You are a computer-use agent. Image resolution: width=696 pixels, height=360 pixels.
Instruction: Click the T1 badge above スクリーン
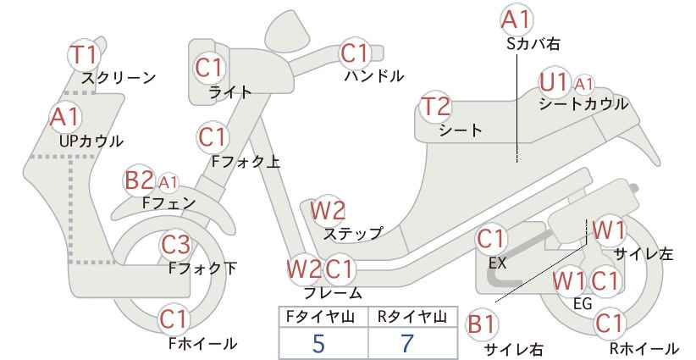point(84,55)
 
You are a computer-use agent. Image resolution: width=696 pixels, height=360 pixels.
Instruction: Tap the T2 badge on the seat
point(436,107)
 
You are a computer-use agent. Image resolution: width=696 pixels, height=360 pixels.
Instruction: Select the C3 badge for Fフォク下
point(175,245)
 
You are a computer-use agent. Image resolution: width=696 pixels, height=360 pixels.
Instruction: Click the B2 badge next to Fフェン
point(139,180)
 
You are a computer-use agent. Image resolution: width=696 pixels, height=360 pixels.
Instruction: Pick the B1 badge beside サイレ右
point(481,324)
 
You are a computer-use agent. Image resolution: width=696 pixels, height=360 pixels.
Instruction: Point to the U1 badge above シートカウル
point(554,82)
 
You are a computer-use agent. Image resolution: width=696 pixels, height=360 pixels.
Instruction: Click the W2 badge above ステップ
point(328,210)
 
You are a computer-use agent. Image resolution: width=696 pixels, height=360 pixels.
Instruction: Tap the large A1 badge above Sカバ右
point(516,20)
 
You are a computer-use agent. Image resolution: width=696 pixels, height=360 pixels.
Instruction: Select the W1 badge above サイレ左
point(609,230)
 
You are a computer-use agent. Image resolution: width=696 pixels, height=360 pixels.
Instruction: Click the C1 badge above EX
point(491,239)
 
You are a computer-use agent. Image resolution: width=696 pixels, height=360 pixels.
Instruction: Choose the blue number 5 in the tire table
point(318,343)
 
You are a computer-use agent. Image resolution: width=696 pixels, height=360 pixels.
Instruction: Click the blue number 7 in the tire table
point(407,343)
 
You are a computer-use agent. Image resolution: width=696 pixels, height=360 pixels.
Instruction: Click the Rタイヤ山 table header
point(412,317)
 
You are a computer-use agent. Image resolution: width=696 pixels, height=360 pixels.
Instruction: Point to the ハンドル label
point(374,76)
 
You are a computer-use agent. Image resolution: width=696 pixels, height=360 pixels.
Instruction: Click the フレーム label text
point(333,292)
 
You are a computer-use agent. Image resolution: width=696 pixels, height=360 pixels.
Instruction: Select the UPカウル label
point(91,141)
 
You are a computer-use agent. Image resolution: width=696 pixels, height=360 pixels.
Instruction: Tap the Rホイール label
point(644,348)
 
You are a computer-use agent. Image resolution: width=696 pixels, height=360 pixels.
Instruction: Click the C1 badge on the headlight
point(208,68)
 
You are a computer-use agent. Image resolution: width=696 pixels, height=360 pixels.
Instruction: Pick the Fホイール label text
point(203,343)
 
